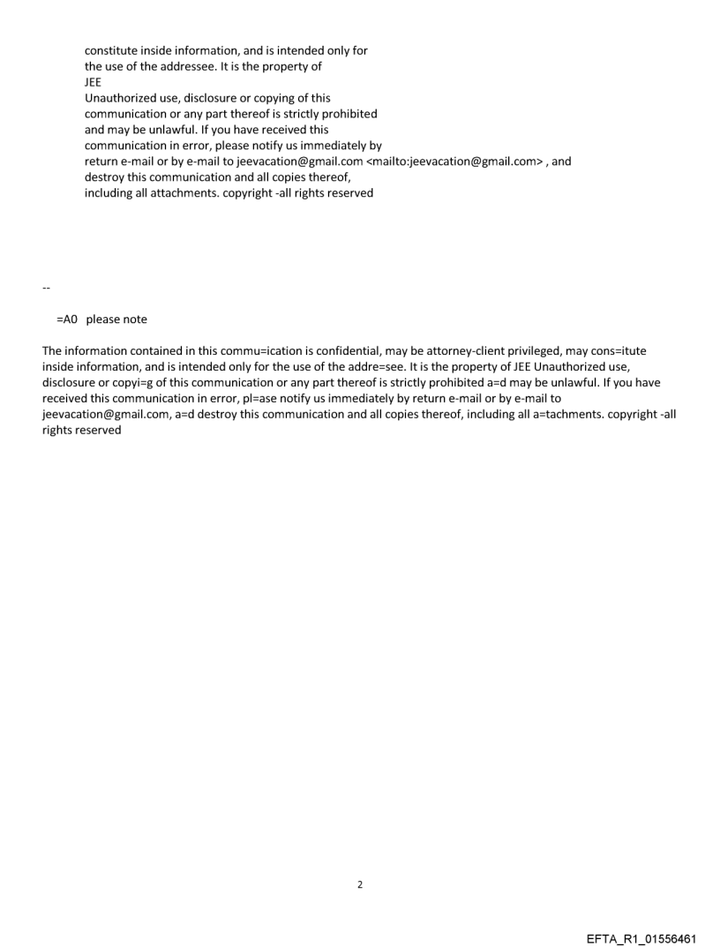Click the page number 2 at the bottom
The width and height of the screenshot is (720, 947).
(x=359, y=884)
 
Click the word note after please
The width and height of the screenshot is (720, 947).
(x=135, y=319)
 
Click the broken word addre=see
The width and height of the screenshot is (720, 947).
(x=375, y=367)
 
